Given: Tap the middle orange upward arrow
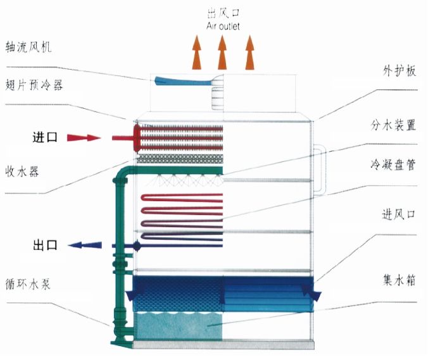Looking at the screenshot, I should [x=222, y=53].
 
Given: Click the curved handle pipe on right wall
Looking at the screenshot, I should [x=322, y=171].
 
